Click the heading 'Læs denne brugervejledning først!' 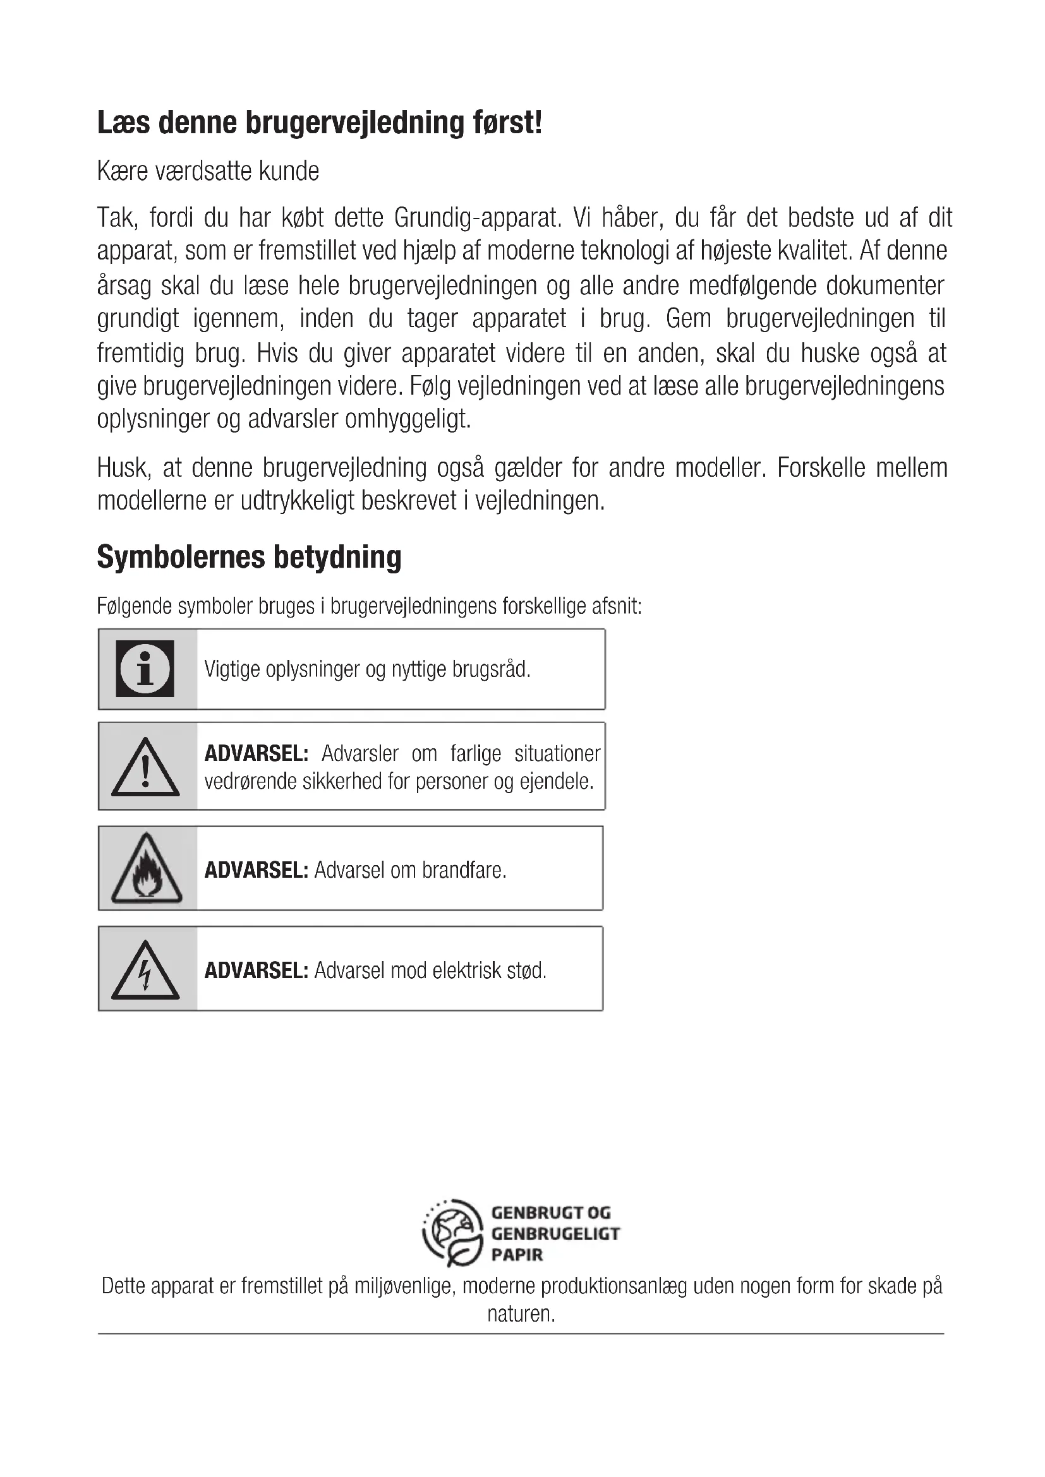319,123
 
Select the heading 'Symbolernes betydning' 249,556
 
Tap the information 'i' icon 145,668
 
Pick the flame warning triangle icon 146,869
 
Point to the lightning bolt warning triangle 145,971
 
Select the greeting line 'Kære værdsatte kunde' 208,171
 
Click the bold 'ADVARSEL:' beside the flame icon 256,870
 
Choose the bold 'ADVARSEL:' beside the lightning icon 256,970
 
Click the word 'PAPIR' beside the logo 517,1255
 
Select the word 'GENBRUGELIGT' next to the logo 555,1233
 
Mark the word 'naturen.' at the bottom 521,1313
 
